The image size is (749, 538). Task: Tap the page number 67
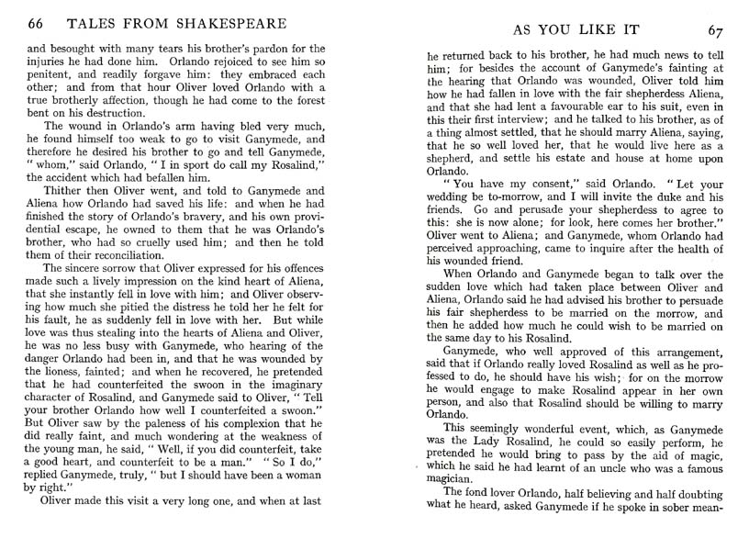[715, 30]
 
